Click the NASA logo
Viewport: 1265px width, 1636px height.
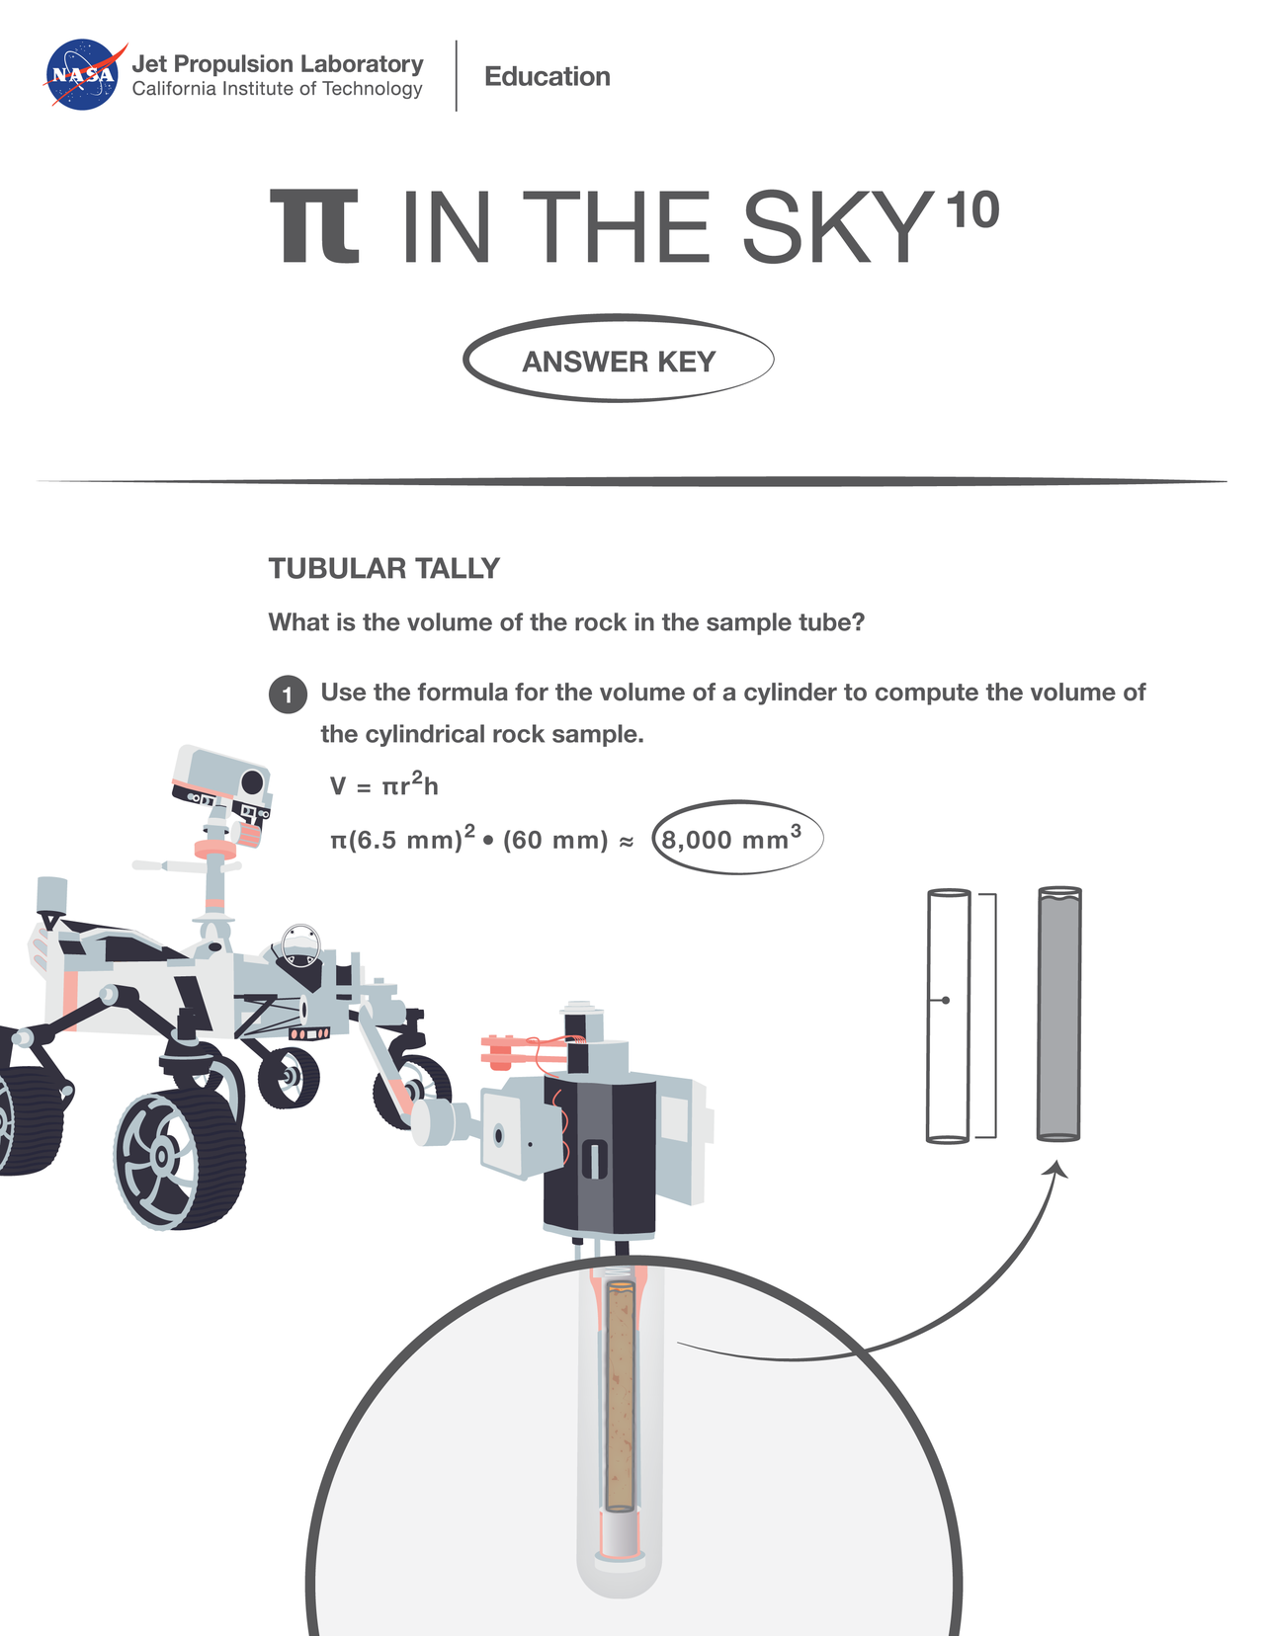pyautogui.click(x=83, y=75)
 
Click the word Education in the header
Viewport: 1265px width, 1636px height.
pyautogui.click(x=547, y=77)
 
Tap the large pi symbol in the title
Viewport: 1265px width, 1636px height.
pyautogui.click(x=315, y=227)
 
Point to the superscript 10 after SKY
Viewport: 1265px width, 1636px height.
pyautogui.click(x=971, y=210)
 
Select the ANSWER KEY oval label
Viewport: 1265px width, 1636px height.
pyautogui.click(x=619, y=361)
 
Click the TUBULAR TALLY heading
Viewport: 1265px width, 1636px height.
pyautogui.click(x=383, y=569)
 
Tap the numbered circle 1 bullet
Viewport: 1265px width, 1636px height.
pyautogui.click(x=287, y=695)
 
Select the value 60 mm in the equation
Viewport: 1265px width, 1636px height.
pyautogui.click(x=554, y=841)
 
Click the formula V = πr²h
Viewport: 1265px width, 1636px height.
pyautogui.click(x=383, y=786)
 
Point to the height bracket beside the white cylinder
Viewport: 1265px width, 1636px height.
pyautogui.click(x=991, y=1016)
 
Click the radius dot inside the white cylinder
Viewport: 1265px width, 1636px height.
pyautogui.click(x=946, y=1001)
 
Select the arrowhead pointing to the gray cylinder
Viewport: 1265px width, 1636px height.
pyautogui.click(x=1057, y=1169)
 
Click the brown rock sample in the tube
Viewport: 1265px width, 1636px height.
pyautogui.click(x=620, y=1398)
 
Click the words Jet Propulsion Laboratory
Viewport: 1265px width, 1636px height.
pyautogui.click(x=278, y=64)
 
